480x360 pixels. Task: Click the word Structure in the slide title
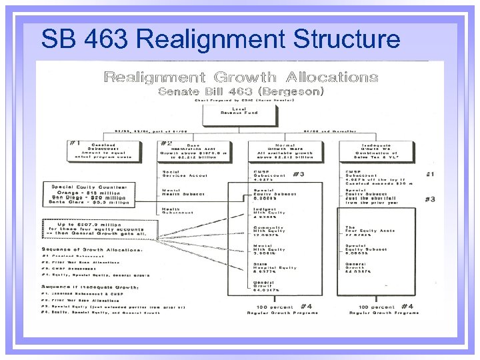pyautogui.click(x=345, y=39)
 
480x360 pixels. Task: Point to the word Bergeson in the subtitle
pyautogui.click(x=293, y=91)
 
